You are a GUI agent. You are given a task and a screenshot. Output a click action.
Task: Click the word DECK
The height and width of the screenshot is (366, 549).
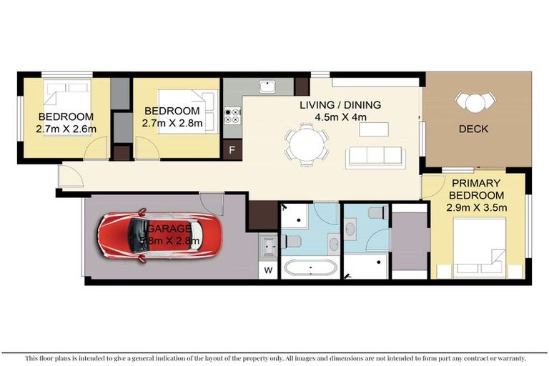click(x=473, y=129)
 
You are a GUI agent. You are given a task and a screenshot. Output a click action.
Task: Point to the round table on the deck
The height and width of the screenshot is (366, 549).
click(x=474, y=102)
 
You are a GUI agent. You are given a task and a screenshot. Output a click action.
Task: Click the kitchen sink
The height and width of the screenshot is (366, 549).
click(x=268, y=86)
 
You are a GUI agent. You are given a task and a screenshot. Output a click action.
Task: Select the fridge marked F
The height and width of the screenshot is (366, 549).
click(x=232, y=150)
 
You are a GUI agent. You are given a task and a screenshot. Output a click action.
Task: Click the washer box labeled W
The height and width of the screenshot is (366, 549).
click(x=268, y=270)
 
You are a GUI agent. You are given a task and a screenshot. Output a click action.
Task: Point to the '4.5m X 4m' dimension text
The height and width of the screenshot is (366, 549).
click(x=340, y=117)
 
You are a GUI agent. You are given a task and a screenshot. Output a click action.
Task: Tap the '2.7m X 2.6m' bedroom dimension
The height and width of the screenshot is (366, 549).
click(x=66, y=129)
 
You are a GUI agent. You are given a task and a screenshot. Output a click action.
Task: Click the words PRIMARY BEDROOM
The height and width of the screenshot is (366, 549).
click(x=475, y=189)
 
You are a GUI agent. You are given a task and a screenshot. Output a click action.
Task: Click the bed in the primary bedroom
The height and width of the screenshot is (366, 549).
click(x=481, y=247)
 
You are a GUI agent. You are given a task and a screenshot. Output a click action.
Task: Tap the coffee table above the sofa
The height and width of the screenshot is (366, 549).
click(x=374, y=129)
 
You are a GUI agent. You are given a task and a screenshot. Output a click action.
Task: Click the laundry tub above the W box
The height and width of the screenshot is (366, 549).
click(x=268, y=246)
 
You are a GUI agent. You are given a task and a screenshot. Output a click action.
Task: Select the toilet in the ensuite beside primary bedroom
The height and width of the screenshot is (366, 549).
click(x=377, y=212)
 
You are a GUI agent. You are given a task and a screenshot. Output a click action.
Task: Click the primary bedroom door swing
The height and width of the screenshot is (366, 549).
click(x=431, y=189)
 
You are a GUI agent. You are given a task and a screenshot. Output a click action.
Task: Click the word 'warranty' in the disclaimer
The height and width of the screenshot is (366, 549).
click(x=508, y=357)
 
